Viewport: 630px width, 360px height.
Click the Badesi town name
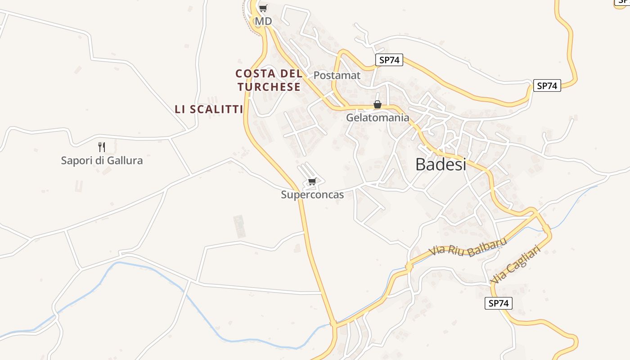point(441,164)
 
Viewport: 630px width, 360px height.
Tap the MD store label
point(263,21)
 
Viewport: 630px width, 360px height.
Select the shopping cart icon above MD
point(263,8)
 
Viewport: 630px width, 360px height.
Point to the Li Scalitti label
point(209,109)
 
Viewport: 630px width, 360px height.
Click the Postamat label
point(337,75)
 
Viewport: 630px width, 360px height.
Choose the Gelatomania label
point(378,118)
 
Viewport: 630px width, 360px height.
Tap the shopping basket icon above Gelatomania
point(378,105)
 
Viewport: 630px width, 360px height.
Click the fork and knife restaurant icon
point(102,147)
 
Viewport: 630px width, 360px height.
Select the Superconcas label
point(312,195)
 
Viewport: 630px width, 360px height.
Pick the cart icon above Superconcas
point(312,181)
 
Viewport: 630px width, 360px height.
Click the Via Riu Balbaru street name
point(468,246)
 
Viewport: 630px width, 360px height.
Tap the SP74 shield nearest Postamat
point(389,60)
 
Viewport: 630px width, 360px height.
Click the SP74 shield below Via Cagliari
point(499,303)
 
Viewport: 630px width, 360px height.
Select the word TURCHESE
point(269,87)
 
